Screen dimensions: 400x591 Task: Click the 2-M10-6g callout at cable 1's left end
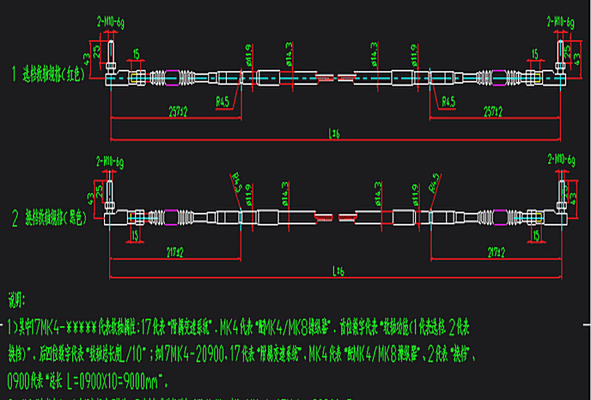pos(110,23)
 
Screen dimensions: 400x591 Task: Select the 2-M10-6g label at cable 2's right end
pos(560,160)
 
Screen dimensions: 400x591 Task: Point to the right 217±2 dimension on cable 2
pos(495,252)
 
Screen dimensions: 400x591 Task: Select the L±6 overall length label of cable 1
pos(335,134)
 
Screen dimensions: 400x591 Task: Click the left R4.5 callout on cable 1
pos(222,102)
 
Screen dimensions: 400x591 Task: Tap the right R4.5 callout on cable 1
pos(448,102)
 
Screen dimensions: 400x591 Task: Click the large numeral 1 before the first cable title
pos(14,74)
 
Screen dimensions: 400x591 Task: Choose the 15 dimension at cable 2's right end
pos(536,235)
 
